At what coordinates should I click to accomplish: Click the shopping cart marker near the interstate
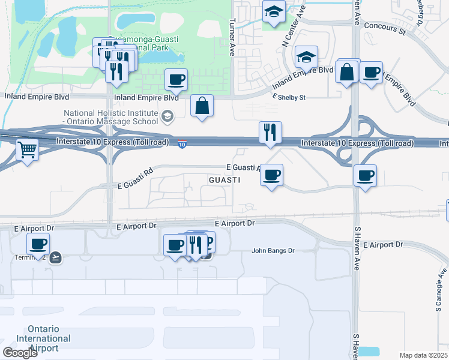tap(28, 149)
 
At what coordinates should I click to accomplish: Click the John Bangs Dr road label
tap(273, 251)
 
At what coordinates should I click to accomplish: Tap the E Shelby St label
tap(289, 97)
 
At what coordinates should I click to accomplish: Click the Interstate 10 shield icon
tap(182, 144)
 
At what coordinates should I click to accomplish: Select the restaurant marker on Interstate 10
tap(270, 133)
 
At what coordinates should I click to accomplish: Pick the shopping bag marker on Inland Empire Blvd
tap(203, 106)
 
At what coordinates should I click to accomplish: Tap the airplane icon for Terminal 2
tap(56, 257)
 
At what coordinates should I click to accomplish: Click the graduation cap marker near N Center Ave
tap(306, 58)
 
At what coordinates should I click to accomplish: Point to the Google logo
tap(20, 353)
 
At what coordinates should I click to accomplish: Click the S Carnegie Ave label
tap(438, 298)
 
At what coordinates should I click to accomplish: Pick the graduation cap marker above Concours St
tap(274, 11)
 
